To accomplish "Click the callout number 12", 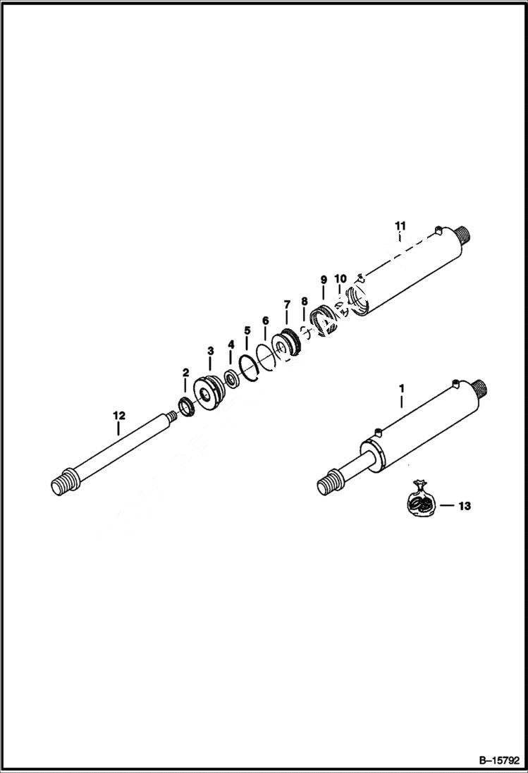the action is tap(118, 416).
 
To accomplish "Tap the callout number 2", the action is tap(185, 372).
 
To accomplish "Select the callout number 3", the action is tap(210, 350).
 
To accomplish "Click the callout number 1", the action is tap(402, 388).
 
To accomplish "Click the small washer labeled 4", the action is tap(231, 378).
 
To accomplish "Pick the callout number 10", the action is tap(340, 279).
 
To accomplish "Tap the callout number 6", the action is tap(265, 320).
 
